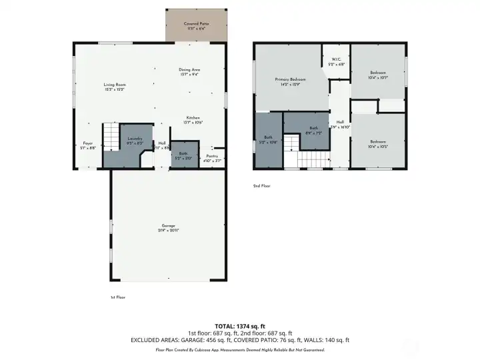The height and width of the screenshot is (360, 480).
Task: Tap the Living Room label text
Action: tap(115, 87)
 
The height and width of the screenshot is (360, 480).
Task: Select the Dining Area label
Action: tap(189, 72)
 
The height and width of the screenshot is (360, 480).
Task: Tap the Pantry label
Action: tap(212, 158)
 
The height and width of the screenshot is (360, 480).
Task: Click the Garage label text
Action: tap(168, 227)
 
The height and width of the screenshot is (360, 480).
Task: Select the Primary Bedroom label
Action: tap(290, 81)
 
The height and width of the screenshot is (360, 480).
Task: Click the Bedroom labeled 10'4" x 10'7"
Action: tap(378, 75)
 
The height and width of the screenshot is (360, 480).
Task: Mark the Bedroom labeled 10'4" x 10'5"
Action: tap(378, 143)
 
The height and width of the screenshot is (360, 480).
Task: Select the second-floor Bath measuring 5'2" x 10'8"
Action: tap(268, 141)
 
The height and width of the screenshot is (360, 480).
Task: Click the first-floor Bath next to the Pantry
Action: tap(183, 155)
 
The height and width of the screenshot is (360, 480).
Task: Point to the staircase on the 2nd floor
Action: tap(313, 160)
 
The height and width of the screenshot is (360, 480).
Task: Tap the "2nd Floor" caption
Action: tap(262, 186)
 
